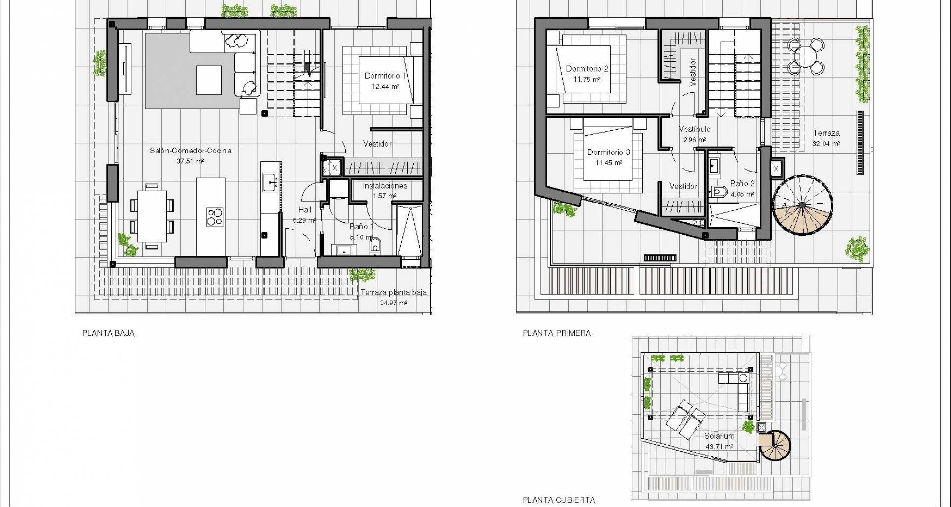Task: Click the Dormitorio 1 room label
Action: tap(385, 76)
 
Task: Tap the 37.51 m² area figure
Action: tap(190, 161)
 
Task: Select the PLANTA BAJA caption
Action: tap(108, 333)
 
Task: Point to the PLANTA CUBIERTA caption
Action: tap(559, 500)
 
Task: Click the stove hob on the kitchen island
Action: tap(215, 217)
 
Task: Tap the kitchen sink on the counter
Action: tap(270, 182)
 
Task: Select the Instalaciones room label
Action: tap(385, 186)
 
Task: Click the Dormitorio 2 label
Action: tap(587, 69)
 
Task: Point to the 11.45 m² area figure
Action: tap(608, 162)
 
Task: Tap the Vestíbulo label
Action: tap(694, 129)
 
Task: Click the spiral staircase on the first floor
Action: tap(802, 204)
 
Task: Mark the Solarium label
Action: tap(719, 436)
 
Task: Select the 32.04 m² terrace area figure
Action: tap(826, 144)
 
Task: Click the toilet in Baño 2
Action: tap(719, 191)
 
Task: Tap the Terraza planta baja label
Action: tap(393, 292)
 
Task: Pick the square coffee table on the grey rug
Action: tap(209, 80)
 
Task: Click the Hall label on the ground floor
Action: tap(305, 209)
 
